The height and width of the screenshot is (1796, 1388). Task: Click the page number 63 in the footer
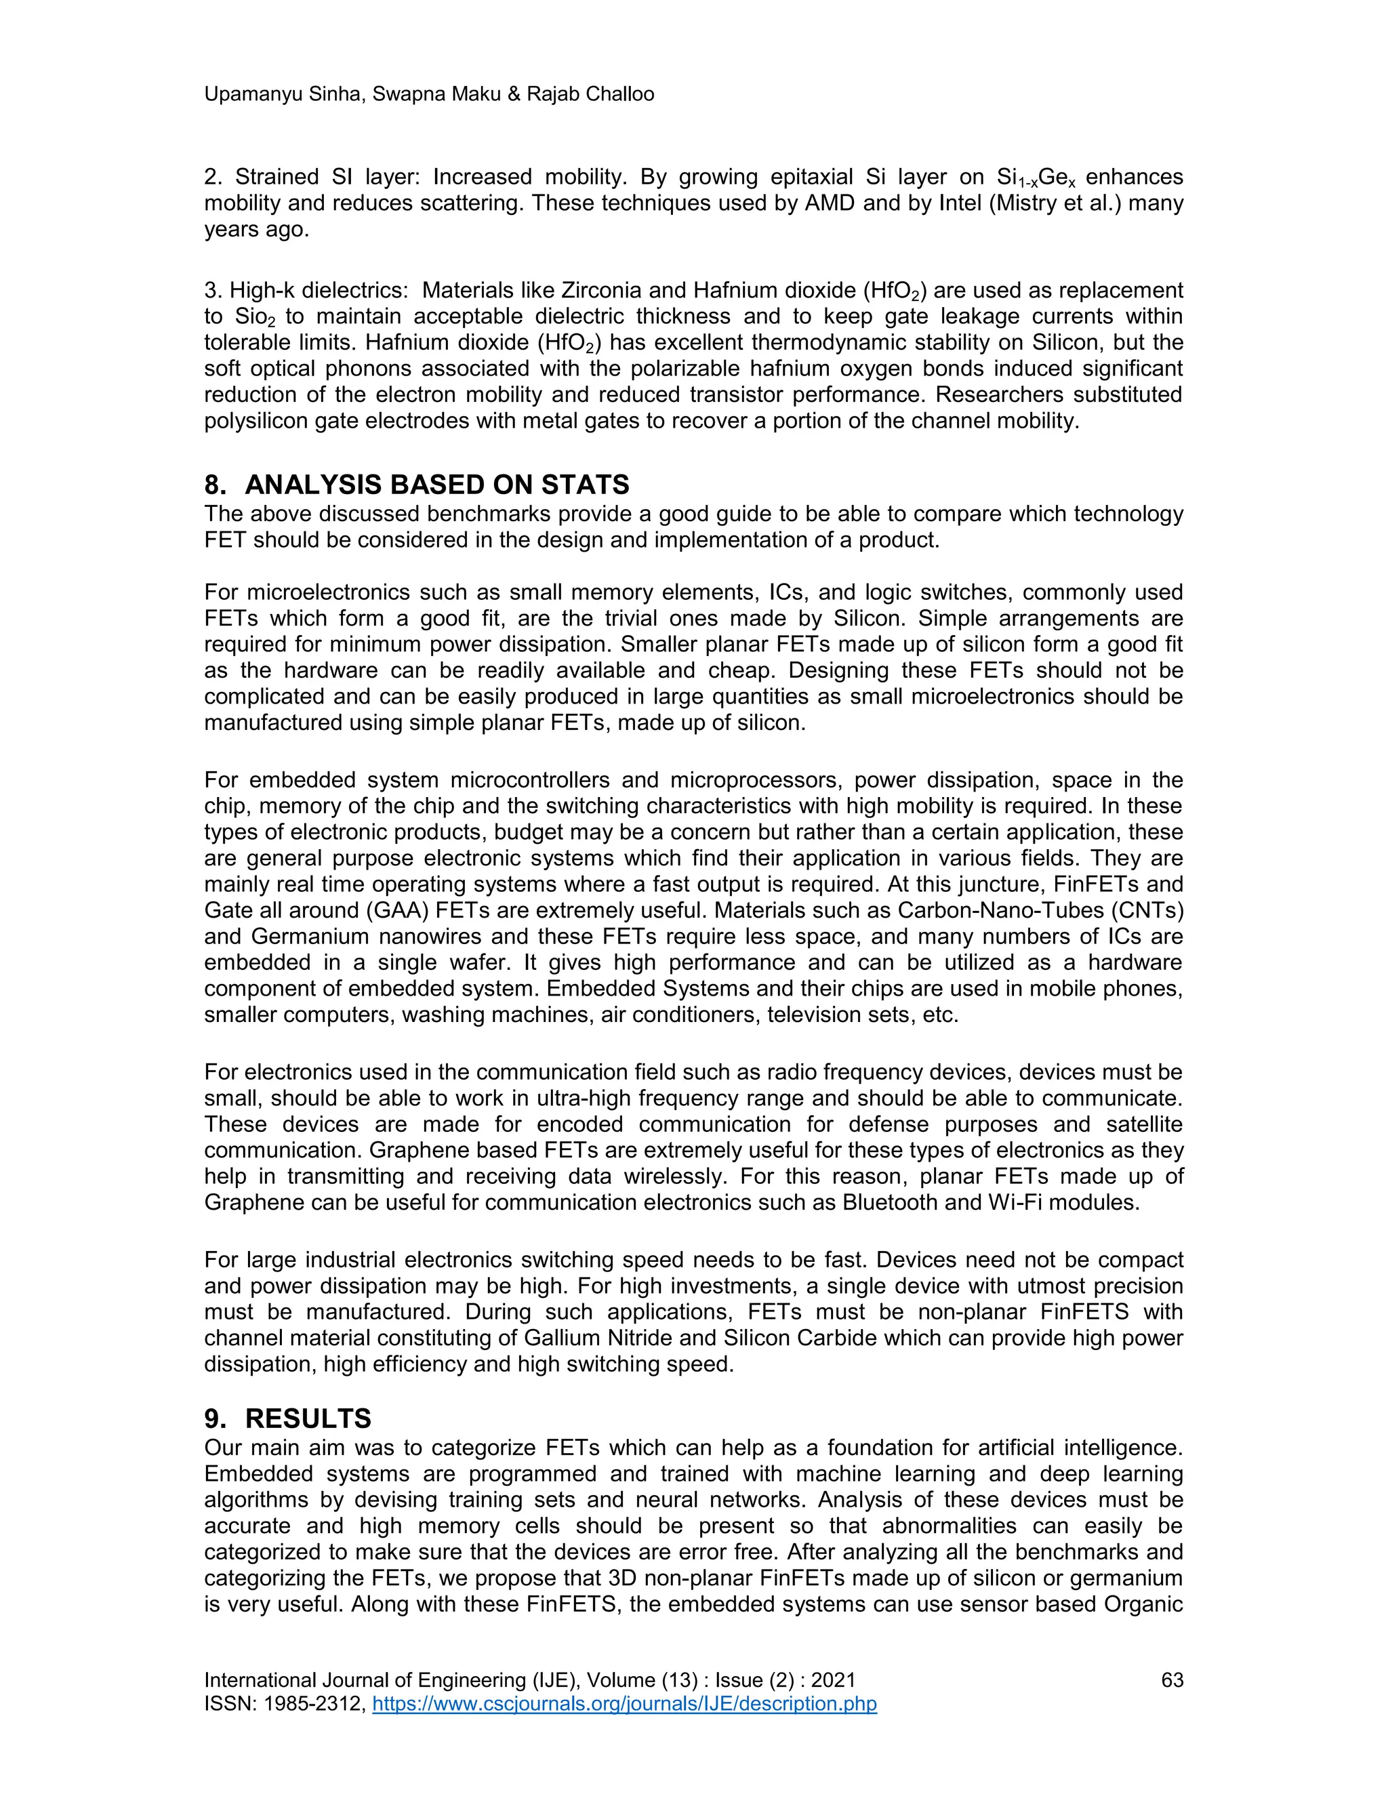(x=1171, y=1679)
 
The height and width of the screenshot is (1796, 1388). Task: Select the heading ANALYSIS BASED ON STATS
(x=436, y=485)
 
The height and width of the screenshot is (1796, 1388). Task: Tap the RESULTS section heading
(x=308, y=1419)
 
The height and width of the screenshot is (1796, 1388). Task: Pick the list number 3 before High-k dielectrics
(x=211, y=290)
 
